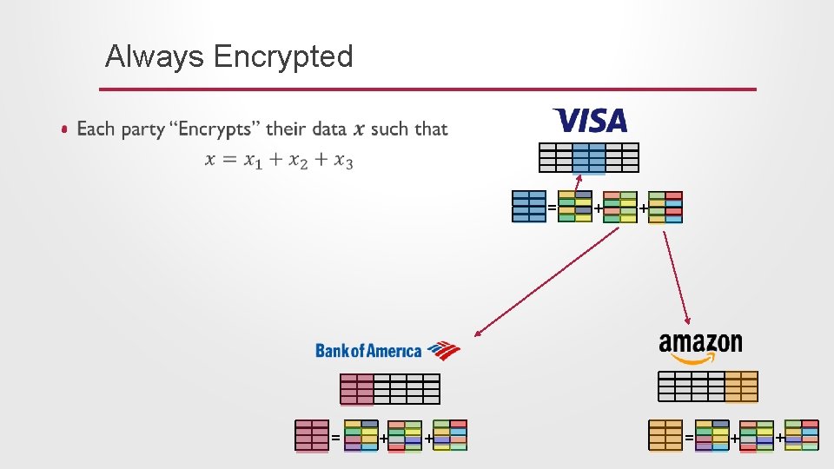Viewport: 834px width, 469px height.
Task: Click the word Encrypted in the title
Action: coord(282,57)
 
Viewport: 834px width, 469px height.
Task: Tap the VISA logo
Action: coord(590,120)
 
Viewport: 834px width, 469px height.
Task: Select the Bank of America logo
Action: coord(387,350)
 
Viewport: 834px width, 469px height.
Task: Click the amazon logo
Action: coord(700,348)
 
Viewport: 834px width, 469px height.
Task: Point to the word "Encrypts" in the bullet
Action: coord(215,129)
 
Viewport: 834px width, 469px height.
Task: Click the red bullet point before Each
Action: coord(64,130)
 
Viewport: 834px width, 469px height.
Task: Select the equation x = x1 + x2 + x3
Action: coord(279,160)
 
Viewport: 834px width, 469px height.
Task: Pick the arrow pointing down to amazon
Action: coord(677,278)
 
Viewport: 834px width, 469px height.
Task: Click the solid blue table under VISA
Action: coord(529,207)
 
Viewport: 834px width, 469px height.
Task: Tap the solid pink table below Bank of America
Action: coord(312,435)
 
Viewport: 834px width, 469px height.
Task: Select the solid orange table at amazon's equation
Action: coord(665,435)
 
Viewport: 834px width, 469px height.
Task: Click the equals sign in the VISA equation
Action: coord(552,208)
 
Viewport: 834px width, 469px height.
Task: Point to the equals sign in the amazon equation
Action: coord(689,436)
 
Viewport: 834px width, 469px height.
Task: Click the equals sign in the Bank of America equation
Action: coord(335,436)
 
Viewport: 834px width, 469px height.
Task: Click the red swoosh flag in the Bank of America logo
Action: coord(444,349)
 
